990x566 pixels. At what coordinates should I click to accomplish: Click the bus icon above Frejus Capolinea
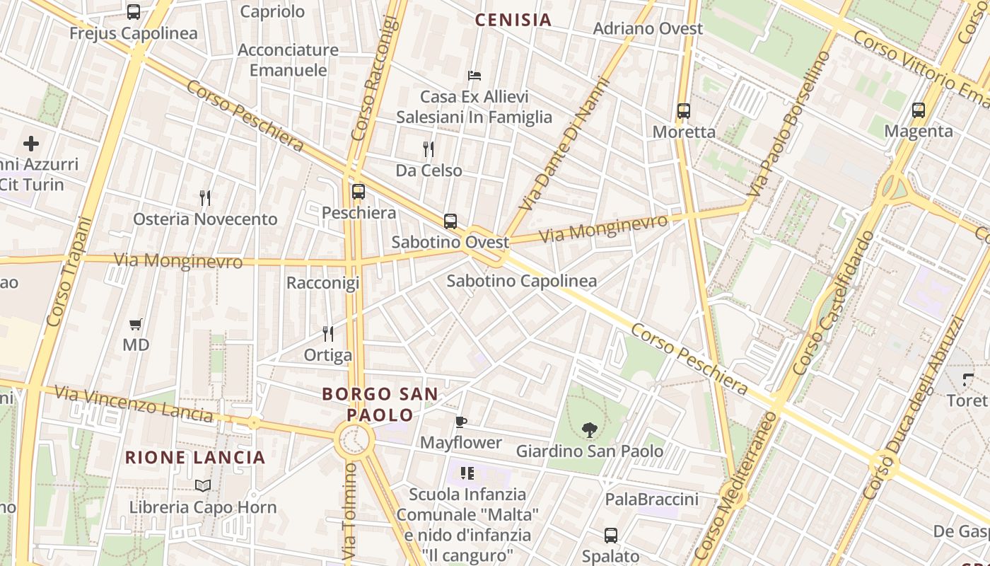(x=133, y=12)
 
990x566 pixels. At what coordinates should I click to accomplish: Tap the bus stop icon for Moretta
(x=683, y=111)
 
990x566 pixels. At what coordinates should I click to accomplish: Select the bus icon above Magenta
(x=918, y=110)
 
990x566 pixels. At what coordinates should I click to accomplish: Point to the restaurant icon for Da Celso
(x=428, y=149)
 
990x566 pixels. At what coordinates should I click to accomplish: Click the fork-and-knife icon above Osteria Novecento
(x=205, y=198)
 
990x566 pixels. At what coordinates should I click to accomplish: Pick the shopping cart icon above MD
(x=136, y=324)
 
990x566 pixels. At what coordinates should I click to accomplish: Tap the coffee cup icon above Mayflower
(x=461, y=422)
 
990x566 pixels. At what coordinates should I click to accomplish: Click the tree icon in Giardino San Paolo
(x=589, y=429)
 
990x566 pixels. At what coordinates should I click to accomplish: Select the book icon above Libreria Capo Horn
(x=203, y=485)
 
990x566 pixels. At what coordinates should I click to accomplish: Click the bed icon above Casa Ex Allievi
(x=474, y=76)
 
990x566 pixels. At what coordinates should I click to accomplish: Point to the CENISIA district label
(x=513, y=20)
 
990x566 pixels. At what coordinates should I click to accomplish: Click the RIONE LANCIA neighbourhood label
(x=195, y=458)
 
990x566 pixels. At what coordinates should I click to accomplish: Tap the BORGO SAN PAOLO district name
(x=380, y=404)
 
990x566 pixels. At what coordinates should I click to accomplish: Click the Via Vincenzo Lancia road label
(x=133, y=403)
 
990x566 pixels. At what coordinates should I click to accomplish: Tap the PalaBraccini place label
(x=651, y=499)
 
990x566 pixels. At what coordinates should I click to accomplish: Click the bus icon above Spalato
(x=611, y=536)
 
